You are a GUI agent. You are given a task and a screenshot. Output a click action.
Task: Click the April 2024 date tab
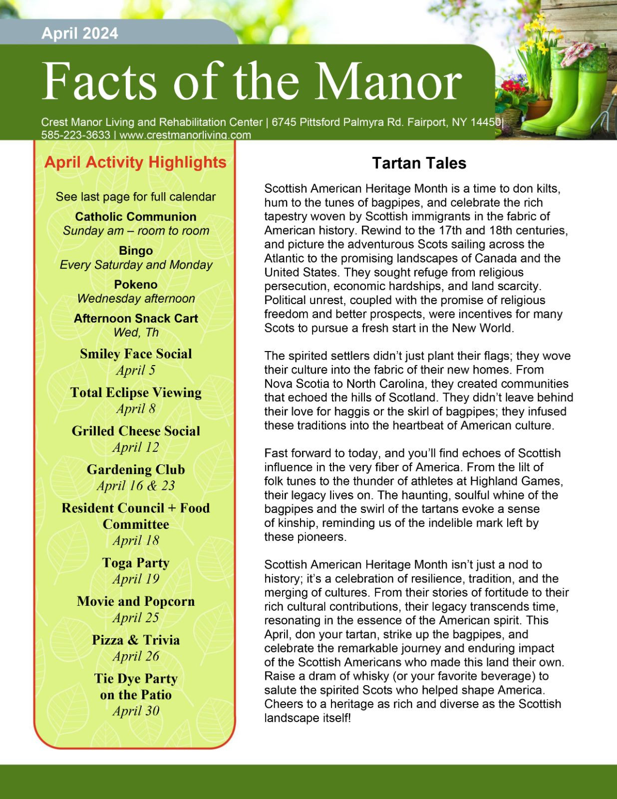[80, 33]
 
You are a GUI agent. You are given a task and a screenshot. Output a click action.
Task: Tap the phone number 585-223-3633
[75, 135]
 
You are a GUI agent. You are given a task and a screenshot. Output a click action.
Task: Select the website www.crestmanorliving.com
[185, 135]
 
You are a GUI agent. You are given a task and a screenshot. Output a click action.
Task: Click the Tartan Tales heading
[419, 163]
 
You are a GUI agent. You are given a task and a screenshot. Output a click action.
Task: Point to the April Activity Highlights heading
[135, 162]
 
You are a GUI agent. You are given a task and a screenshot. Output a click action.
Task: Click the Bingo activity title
[136, 251]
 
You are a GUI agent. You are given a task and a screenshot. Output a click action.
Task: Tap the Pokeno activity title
[136, 284]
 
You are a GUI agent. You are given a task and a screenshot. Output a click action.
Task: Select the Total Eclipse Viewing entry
[136, 393]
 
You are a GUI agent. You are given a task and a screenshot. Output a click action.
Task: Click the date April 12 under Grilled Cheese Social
[136, 447]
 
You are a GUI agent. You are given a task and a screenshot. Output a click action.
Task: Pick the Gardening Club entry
[136, 469]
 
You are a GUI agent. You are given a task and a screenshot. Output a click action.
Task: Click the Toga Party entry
[136, 563]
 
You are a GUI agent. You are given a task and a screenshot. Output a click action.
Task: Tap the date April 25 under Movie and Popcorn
[136, 618]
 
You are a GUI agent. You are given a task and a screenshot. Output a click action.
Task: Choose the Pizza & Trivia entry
[136, 640]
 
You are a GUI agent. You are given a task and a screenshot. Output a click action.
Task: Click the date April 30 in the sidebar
[136, 711]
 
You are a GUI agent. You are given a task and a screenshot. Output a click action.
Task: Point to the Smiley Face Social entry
[136, 354]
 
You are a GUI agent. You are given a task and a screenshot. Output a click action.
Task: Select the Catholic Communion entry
[136, 217]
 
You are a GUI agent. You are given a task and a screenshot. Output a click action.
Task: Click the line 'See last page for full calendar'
[136, 197]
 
